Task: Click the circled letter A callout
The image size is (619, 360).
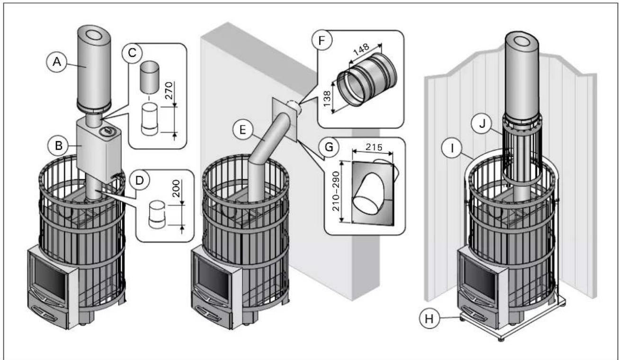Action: click(x=57, y=61)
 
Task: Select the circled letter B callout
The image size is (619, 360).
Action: click(x=59, y=145)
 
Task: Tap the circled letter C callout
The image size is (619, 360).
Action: click(x=132, y=52)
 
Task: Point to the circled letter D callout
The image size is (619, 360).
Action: click(x=140, y=180)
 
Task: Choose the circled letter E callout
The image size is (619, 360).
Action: click(x=243, y=130)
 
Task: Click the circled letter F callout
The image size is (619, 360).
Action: click(x=322, y=41)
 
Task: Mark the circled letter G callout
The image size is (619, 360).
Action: click(x=329, y=147)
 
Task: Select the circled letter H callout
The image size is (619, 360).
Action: click(x=430, y=319)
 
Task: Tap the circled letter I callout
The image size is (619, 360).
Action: click(x=452, y=148)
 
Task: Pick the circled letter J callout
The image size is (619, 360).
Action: click(x=482, y=124)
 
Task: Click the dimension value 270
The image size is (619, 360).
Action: click(x=169, y=90)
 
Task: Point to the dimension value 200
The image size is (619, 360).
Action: click(x=176, y=189)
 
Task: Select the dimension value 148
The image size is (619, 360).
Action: click(x=361, y=50)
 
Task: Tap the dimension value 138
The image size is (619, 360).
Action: click(x=327, y=99)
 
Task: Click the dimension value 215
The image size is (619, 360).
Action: click(x=374, y=147)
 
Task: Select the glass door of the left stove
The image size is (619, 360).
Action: click(x=50, y=279)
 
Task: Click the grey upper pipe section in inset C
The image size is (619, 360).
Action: click(x=149, y=78)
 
